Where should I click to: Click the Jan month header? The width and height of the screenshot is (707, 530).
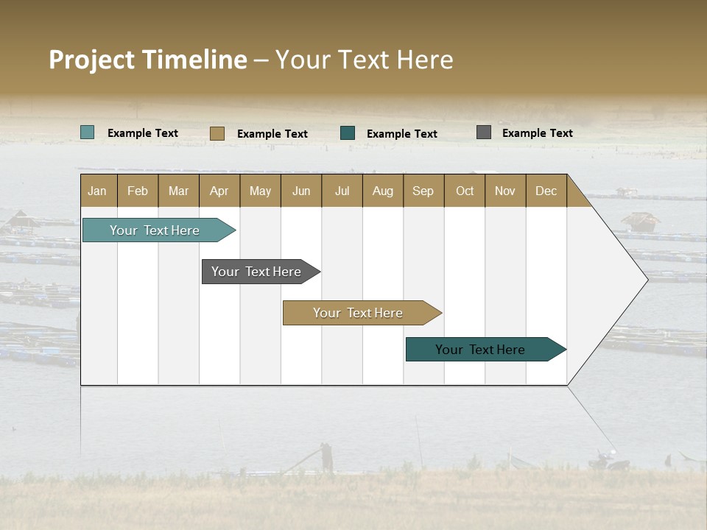98,191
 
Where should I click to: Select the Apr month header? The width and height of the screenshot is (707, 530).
219,191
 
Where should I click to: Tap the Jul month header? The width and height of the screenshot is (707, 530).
342,191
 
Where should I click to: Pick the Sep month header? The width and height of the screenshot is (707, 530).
423,191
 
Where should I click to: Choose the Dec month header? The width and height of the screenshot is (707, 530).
546,191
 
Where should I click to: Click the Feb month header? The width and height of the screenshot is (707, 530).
138,191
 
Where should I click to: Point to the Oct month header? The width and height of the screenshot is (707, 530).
465,191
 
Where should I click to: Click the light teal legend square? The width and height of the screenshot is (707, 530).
88,132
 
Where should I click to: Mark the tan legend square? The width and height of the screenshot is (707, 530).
217,133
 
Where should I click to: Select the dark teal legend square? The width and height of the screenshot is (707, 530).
348,133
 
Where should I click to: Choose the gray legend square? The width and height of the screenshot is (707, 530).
484,132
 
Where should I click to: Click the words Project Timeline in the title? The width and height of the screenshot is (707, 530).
148,60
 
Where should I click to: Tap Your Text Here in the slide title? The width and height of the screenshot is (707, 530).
364,60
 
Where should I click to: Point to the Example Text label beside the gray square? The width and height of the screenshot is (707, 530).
537,132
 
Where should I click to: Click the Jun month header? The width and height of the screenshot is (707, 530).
301,191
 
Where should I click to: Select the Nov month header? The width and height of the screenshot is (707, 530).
505,191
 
